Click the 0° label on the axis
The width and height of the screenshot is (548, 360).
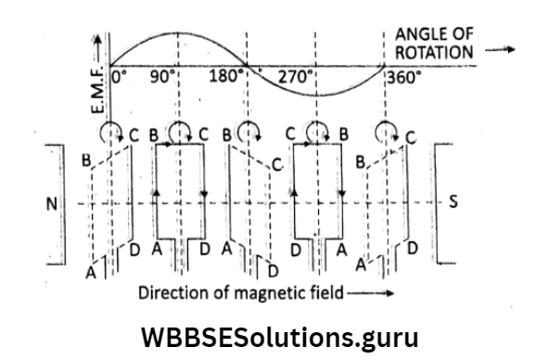point(122,77)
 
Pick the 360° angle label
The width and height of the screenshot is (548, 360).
point(403,77)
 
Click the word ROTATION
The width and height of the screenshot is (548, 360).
point(436,52)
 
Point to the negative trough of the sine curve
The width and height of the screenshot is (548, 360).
point(315,95)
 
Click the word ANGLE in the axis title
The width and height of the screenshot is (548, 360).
point(422,34)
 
